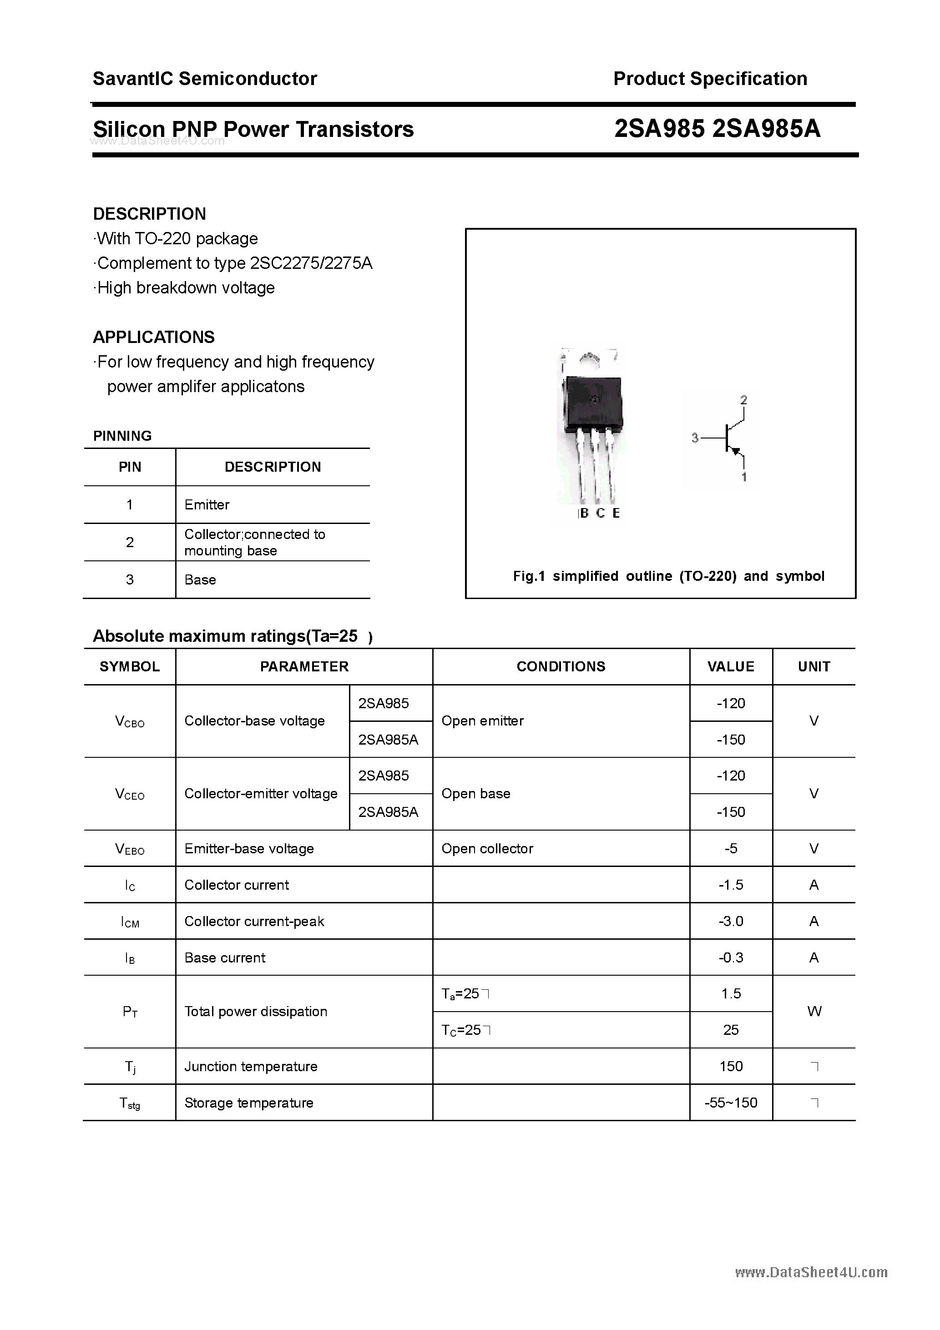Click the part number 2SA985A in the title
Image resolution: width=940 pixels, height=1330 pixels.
(766, 129)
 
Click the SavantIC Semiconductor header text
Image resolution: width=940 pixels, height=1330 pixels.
(205, 79)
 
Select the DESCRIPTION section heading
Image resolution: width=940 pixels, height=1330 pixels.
(150, 214)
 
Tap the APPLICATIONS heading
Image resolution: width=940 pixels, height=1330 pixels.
(154, 337)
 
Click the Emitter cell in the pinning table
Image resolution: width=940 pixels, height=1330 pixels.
(207, 504)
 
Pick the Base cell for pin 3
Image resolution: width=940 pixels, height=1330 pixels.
(200, 580)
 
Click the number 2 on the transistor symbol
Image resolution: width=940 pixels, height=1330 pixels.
(743, 400)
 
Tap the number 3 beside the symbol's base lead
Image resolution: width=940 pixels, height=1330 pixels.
(695, 438)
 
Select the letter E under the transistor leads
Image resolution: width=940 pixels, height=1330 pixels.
(616, 513)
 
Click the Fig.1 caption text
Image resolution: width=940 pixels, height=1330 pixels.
(668, 576)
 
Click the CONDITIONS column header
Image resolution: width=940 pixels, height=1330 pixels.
(561, 667)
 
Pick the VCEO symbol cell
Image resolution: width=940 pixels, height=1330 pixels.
(130, 794)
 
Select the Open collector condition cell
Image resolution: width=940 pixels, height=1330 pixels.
(487, 849)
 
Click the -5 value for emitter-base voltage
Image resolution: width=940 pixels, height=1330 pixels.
(730, 849)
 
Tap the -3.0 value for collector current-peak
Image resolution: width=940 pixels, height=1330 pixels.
(730, 921)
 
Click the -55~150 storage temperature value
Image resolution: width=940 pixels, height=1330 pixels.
(730, 1103)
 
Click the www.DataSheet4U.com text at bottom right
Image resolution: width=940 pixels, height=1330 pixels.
(811, 1272)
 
